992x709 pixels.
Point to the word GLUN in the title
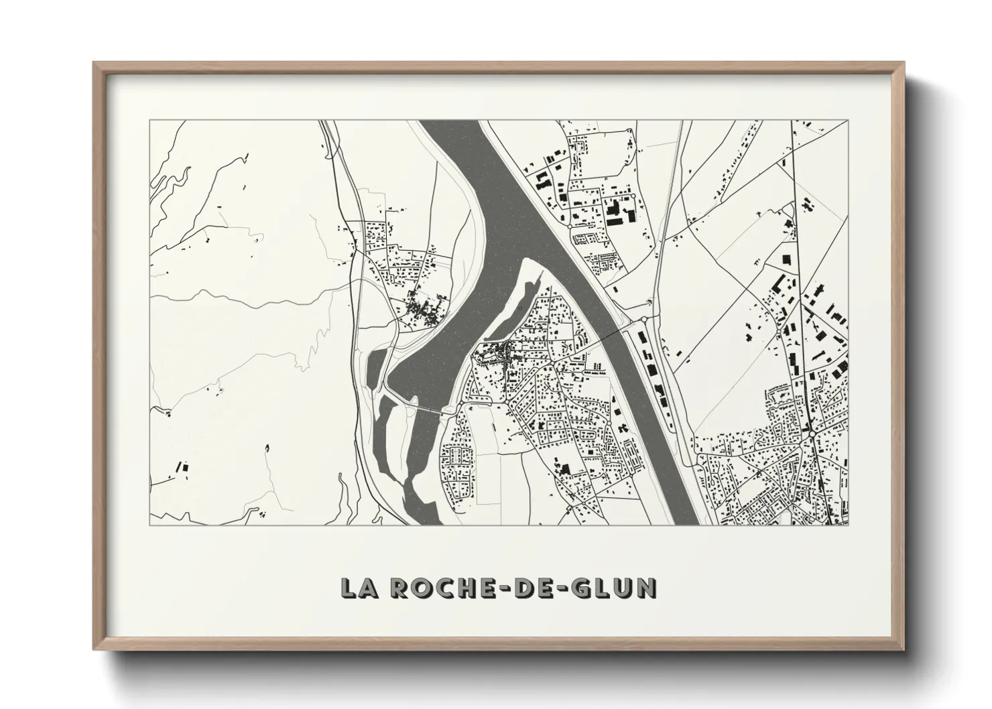(x=614, y=588)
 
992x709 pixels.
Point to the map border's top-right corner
(x=848, y=121)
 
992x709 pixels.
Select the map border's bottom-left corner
(x=150, y=524)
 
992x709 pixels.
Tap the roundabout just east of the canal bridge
(x=643, y=320)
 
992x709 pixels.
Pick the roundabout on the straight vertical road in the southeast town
(x=812, y=434)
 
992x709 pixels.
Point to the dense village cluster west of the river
(x=422, y=310)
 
